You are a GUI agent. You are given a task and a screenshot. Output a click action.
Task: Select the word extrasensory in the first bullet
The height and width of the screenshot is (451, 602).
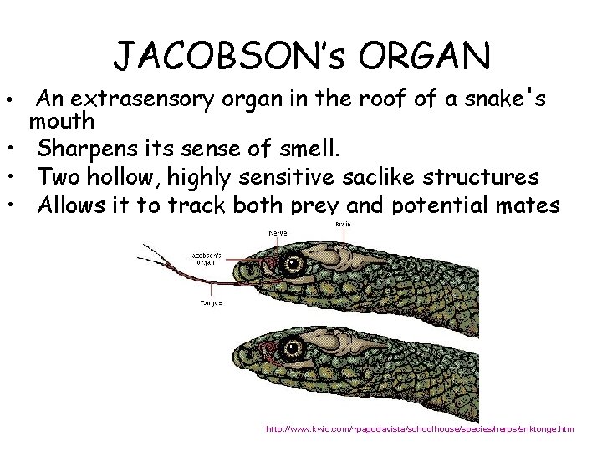coord(144,100)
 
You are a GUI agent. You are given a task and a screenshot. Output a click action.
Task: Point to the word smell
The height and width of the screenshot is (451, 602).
coord(309,150)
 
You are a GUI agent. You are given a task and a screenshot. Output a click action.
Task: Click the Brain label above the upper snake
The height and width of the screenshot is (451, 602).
coord(343,225)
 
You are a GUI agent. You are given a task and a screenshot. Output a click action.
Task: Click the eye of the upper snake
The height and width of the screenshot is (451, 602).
coord(294,265)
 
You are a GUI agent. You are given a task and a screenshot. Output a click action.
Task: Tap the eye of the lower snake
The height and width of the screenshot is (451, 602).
coord(294,346)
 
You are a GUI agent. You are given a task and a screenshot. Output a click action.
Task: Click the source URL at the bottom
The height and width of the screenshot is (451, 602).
coord(419,429)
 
